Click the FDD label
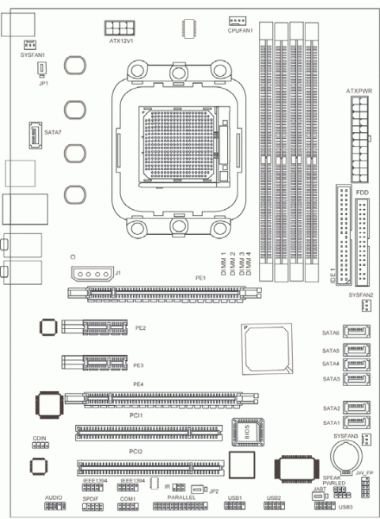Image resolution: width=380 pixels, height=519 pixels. pos(361,192)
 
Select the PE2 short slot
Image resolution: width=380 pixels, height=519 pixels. pos(93,325)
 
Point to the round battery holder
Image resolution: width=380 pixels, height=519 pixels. pos(344,453)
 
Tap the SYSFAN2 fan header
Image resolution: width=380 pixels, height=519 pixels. pos(355,307)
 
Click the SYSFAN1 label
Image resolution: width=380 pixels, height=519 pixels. pos(32,55)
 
